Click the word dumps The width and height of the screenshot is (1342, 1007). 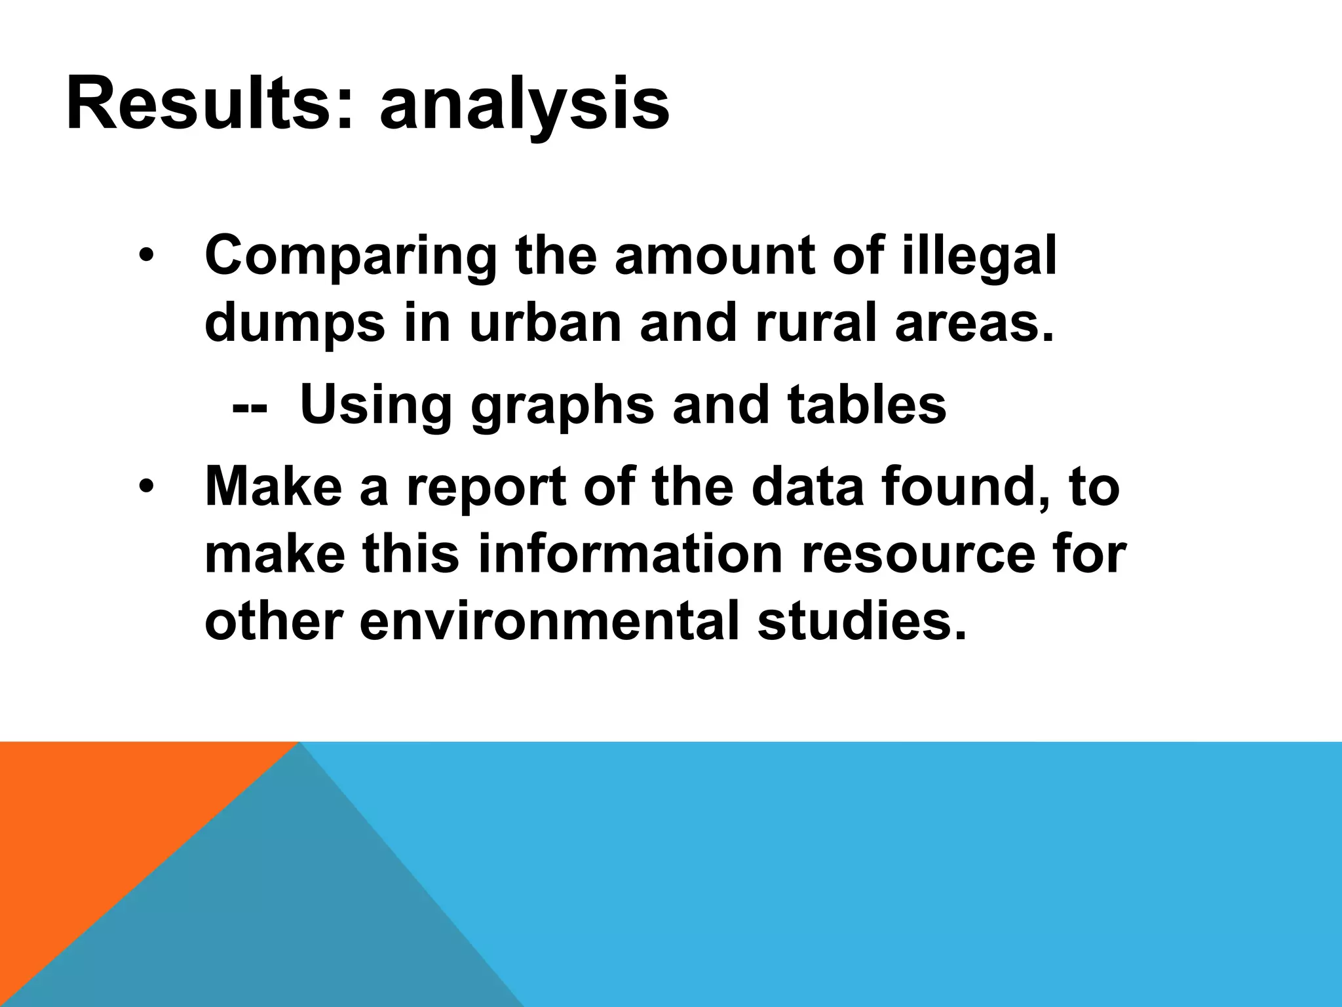point(295,325)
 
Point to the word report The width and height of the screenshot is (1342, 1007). point(486,488)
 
